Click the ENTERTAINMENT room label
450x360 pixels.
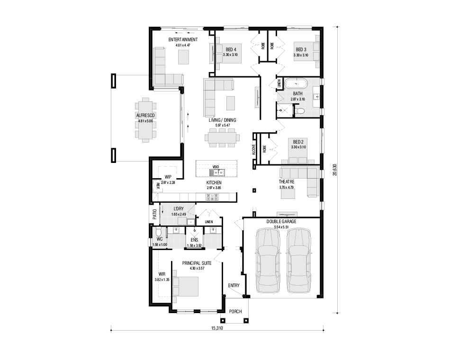coord(183,40)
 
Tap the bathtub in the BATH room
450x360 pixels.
coord(296,84)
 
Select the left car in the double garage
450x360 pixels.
coord(268,261)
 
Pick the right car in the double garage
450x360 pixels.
coord(299,261)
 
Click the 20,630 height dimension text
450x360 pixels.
coord(334,170)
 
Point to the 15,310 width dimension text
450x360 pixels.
coord(217,328)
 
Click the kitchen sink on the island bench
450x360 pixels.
coord(217,172)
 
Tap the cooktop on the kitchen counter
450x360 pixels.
coord(212,197)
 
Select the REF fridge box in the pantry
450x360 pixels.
coord(158,186)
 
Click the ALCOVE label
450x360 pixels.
coord(254,148)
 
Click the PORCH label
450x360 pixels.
coord(235,311)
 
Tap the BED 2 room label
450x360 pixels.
coord(298,142)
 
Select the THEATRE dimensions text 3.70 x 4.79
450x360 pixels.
coord(287,187)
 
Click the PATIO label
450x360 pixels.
coord(155,214)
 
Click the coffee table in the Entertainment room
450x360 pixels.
coord(184,57)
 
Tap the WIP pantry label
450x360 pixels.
coord(168,177)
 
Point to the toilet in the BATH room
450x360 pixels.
coord(300,111)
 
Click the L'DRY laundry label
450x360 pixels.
coord(179,209)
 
